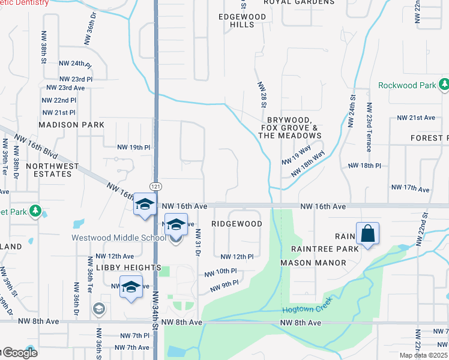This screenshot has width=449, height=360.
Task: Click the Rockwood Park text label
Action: tap(407, 85)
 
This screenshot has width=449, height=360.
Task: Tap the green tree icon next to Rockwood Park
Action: tap(444, 85)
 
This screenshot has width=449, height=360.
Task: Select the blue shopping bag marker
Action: tap(367, 233)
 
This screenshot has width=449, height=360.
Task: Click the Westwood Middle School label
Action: tap(119, 238)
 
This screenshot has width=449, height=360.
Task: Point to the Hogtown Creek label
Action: tap(306, 310)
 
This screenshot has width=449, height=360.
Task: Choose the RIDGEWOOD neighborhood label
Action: tap(237, 224)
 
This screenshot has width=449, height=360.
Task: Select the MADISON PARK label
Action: tap(71, 125)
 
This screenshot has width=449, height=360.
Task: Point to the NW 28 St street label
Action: tap(262, 95)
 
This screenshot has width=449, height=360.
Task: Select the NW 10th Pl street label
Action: tap(221, 272)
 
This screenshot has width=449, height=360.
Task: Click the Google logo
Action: tap(19, 353)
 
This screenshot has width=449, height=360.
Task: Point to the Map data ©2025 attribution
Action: tap(423, 355)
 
